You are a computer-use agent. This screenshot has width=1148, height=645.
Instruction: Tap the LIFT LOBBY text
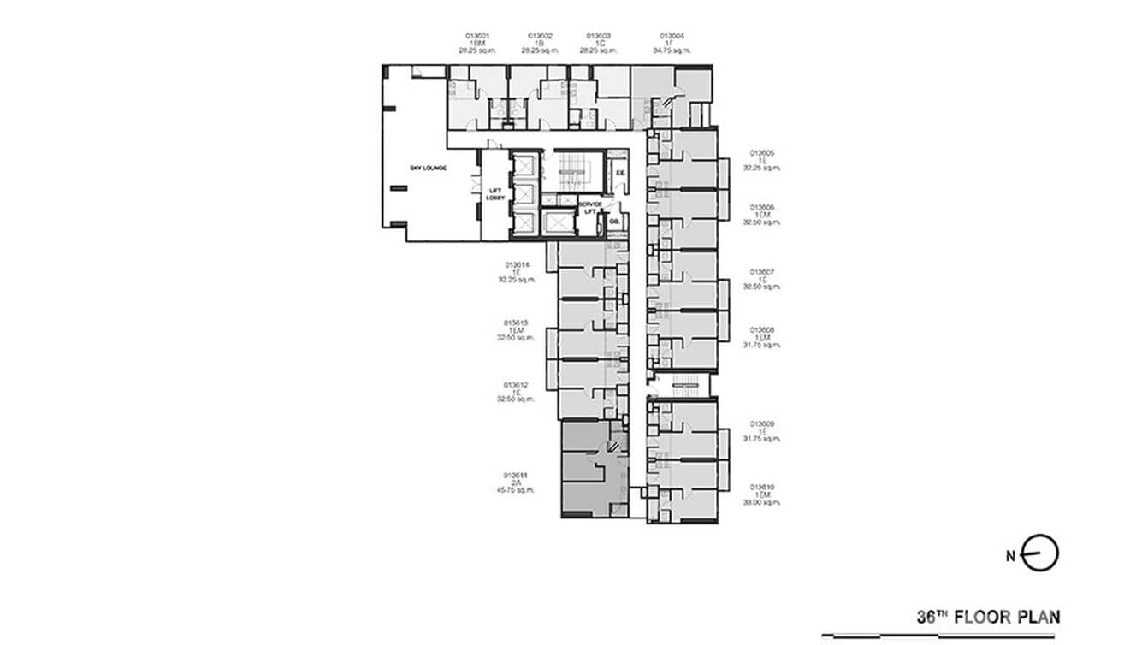(x=495, y=194)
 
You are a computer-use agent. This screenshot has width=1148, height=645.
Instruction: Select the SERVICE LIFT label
(x=589, y=208)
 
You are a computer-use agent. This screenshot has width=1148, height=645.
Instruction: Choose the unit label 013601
(x=477, y=36)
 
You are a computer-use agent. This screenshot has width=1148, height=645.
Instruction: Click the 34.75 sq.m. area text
(x=672, y=50)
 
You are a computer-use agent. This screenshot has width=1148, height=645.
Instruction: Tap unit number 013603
(x=599, y=36)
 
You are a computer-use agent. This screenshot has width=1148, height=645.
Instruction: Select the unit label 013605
(x=762, y=153)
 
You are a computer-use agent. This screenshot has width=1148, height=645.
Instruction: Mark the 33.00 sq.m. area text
(x=762, y=502)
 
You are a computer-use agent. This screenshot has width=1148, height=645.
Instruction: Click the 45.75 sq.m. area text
(x=515, y=490)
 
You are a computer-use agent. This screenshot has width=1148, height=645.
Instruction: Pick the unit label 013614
(x=517, y=265)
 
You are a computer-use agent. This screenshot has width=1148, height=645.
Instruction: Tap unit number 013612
(x=516, y=385)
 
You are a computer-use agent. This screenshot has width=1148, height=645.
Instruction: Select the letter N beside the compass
(x=1011, y=556)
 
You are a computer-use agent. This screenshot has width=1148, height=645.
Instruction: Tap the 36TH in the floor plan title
(x=932, y=617)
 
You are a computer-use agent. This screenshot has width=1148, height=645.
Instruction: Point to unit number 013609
(x=762, y=423)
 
